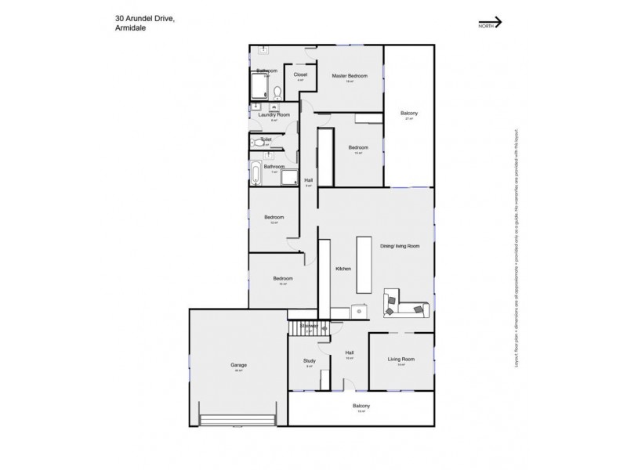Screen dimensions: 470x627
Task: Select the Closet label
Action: pos(300,75)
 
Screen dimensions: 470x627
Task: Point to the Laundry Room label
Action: pos(274,115)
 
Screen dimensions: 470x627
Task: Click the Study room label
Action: pos(309,361)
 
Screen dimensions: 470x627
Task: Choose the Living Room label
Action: pos(400,360)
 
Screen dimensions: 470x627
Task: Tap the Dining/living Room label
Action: pos(400,246)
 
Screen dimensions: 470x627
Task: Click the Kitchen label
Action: pos(342,269)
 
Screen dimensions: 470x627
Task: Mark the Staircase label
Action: pos(309,325)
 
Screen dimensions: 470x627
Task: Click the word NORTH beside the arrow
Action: pos(487,26)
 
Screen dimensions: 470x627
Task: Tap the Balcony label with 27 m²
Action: pos(409,114)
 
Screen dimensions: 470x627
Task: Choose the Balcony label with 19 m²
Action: pos(361,406)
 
